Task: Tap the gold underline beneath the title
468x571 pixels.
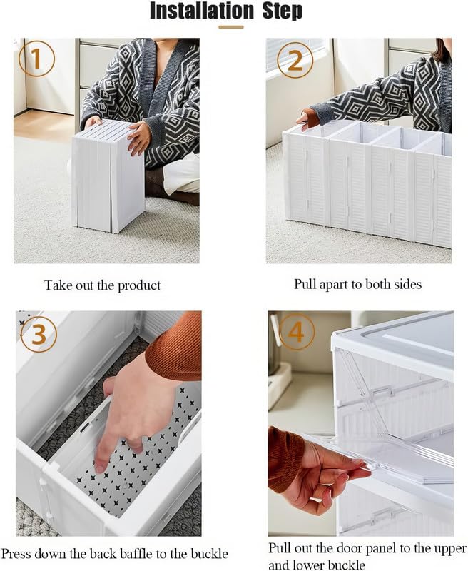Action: click(x=230, y=27)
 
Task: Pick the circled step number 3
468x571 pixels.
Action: click(x=39, y=333)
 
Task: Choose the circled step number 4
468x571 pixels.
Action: click(x=295, y=332)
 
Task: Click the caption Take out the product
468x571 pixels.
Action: click(x=102, y=285)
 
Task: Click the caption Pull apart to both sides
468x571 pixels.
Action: click(x=357, y=284)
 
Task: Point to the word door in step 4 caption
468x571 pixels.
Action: click(x=335, y=549)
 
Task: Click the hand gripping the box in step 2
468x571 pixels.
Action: click(x=307, y=118)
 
